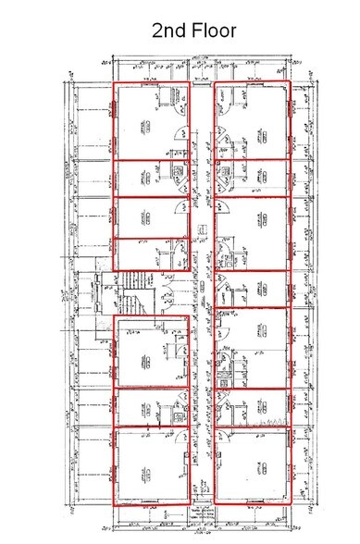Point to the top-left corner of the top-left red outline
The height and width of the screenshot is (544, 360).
tap(114, 84)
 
